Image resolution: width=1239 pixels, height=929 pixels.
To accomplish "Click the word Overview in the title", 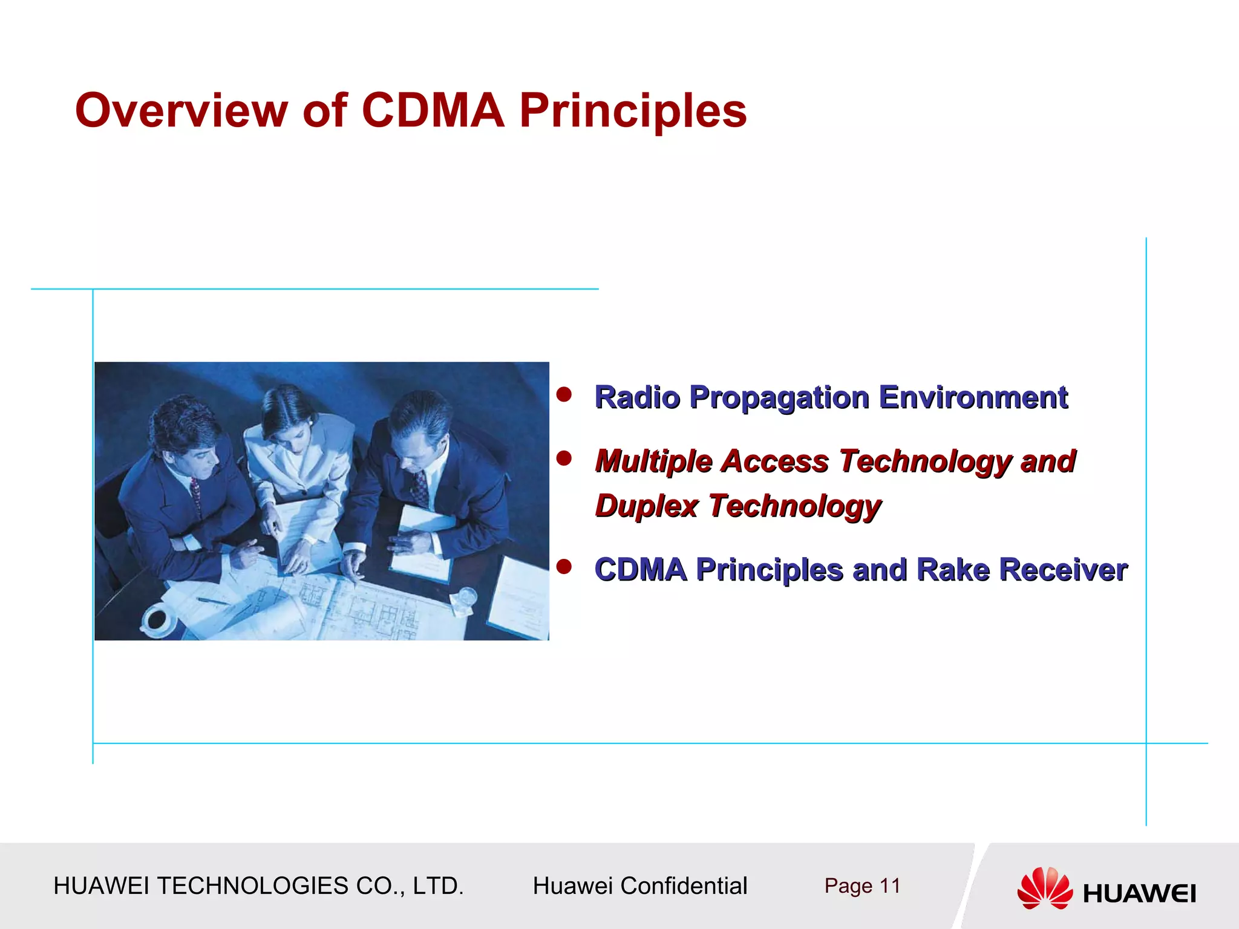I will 181,111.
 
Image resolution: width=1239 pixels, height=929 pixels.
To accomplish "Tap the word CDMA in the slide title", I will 433,111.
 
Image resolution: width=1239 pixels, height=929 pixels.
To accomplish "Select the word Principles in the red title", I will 633,111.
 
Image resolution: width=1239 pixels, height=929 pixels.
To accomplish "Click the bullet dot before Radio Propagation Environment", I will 564,395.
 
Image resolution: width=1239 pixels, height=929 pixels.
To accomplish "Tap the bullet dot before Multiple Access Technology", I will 564,458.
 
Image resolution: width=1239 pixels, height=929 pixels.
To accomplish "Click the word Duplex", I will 647,506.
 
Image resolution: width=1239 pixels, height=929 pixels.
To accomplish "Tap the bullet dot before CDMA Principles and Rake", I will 564,567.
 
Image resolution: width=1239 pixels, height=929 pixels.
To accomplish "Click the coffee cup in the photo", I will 157,619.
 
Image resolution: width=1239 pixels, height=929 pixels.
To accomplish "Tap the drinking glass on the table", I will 466,600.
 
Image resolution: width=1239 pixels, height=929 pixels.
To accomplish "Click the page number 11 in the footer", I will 889,886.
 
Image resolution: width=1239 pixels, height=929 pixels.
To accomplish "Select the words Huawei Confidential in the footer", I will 639,886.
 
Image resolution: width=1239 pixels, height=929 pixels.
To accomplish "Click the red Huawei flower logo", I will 1044,887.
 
